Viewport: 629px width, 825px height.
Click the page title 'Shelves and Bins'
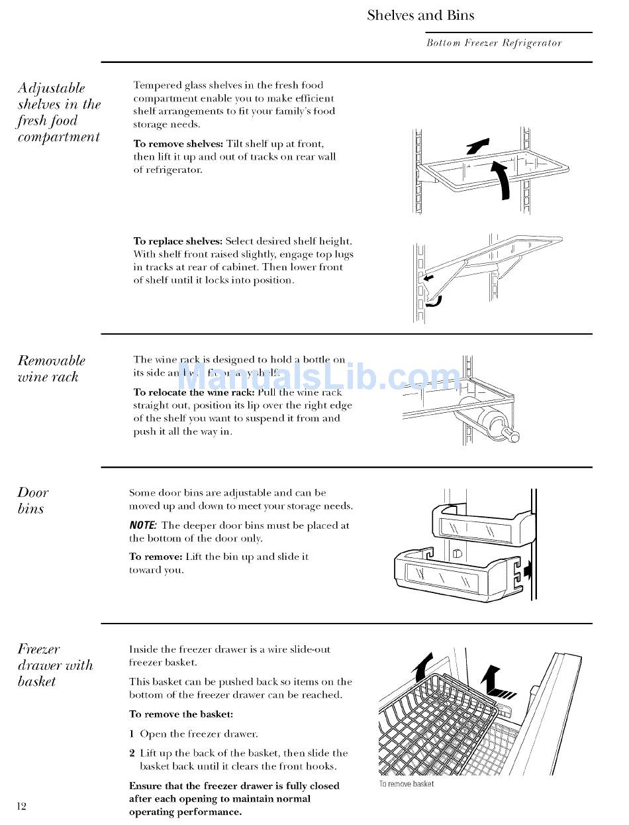tap(420, 15)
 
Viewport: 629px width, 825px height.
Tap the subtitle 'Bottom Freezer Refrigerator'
tap(494, 43)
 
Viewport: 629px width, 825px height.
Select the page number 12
tap(22, 806)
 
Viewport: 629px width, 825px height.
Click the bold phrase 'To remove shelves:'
tap(178, 144)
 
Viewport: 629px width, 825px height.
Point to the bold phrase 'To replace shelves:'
tap(178, 241)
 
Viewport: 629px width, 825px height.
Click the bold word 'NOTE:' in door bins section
tap(143, 525)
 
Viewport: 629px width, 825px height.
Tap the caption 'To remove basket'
tap(407, 784)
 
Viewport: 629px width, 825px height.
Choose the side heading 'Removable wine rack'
tap(52, 368)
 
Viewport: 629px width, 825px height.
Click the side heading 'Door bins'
tap(33, 500)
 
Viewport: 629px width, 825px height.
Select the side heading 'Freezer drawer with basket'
tap(55, 665)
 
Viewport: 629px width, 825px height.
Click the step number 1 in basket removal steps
tap(132, 734)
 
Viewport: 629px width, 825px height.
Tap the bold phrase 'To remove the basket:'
tap(181, 714)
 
